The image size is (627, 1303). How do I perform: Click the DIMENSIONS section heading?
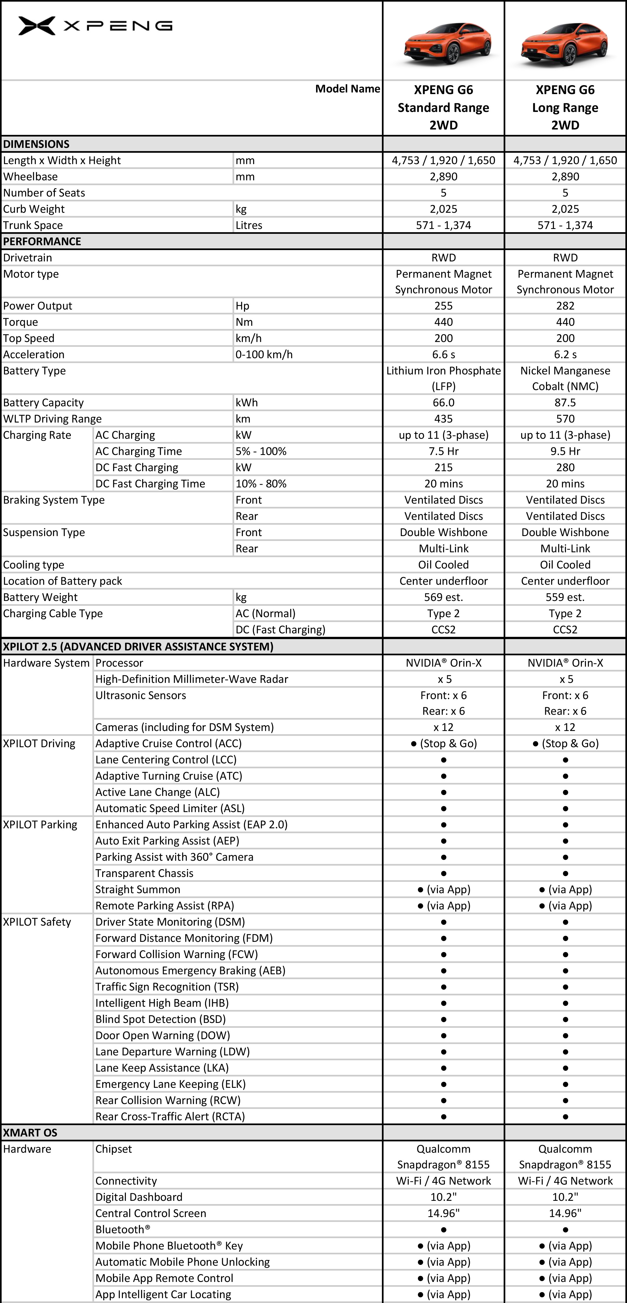click(36, 144)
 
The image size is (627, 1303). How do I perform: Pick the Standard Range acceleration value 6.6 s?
click(444, 355)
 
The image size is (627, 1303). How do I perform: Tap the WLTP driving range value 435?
click(444, 419)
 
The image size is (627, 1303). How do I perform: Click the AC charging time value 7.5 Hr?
click(444, 451)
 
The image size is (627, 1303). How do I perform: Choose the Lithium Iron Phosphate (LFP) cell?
click(444, 378)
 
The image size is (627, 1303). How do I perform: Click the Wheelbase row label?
click(30, 177)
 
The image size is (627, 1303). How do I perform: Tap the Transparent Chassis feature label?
click(145, 873)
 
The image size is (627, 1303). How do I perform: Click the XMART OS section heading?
click(30, 1132)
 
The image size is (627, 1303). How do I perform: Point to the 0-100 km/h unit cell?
click(264, 355)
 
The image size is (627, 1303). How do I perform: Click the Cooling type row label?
click(33, 565)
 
